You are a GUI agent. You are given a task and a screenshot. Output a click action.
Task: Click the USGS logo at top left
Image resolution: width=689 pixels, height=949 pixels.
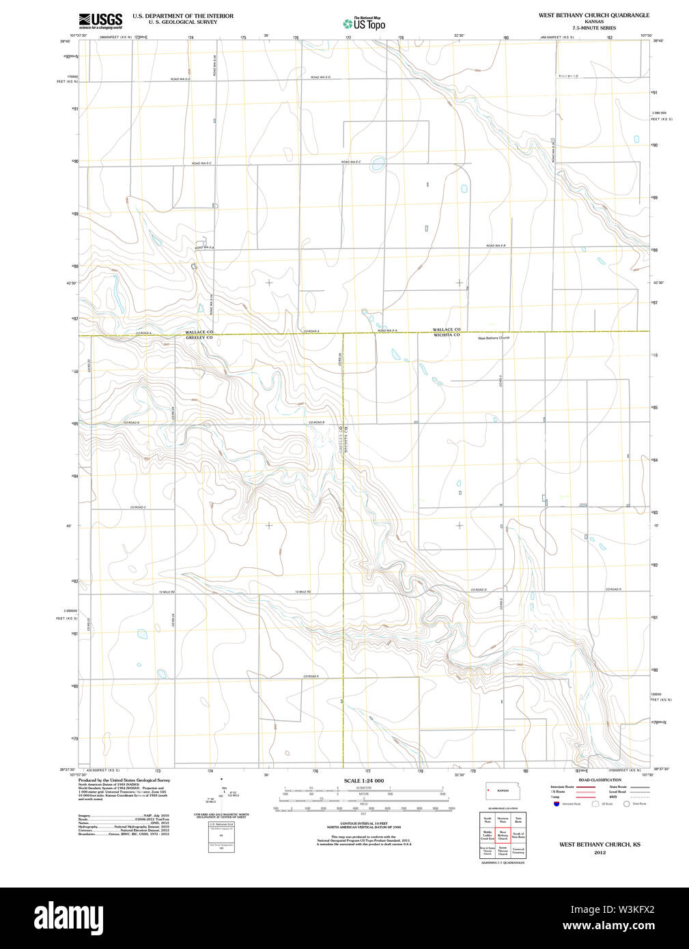tap(100, 20)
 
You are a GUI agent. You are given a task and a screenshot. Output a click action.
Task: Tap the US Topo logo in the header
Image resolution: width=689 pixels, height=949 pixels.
tap(364, 24)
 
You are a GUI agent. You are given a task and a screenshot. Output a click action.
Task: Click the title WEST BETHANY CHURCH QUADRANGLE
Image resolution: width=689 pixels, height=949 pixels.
tap(593, 15)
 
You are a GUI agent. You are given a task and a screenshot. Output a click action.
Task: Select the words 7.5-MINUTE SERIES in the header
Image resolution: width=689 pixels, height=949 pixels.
tap(593, 28)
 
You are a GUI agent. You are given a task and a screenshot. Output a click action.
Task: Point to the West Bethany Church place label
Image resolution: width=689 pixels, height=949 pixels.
tap(493, 338)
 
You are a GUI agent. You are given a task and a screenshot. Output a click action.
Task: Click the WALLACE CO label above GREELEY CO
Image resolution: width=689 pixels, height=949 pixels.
tap(199, 332)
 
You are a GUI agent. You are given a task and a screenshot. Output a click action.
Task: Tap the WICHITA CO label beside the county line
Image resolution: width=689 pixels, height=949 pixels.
tap(447, 335)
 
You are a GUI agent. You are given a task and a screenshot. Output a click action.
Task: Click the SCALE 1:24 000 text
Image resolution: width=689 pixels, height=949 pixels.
tap(363, 780)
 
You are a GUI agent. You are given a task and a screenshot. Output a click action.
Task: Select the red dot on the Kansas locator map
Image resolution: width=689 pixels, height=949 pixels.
tap(489, 791)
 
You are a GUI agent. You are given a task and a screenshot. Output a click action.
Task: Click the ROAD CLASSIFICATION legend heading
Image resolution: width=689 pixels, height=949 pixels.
tap(600, 780)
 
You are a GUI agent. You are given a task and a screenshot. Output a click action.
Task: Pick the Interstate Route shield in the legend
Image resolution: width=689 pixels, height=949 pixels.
tap(556, 804)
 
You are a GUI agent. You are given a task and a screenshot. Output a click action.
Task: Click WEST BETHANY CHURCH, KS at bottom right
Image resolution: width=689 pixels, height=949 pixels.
tap(600, 845)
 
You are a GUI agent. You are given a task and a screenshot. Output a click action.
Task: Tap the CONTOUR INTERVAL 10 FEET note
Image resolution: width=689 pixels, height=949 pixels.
tap(363, 823)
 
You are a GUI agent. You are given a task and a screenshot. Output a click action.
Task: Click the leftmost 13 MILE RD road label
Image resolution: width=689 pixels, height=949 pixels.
tap(167, 592)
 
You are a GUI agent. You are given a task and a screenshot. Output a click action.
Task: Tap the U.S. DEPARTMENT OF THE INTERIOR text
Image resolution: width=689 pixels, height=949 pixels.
tap(182, 16)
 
